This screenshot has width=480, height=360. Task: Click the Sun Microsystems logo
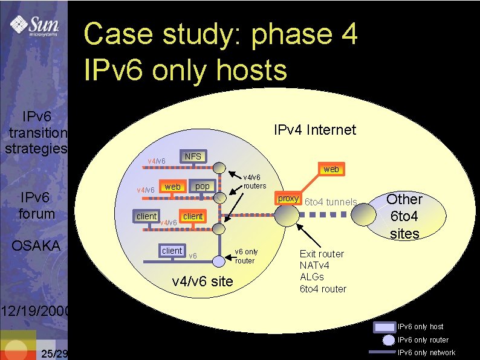pos(34,27)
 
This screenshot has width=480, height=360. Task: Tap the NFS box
pos(193,156)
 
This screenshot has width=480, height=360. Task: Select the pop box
pos(203,186)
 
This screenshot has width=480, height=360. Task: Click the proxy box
pos(288,199)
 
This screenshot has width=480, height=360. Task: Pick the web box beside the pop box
pos(172,187)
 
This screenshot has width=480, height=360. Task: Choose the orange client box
pos(193,216)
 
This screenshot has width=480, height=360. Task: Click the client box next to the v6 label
pos(172,251)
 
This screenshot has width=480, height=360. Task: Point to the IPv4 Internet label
pos(315,130)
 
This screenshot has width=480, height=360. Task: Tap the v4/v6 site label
pos(203,281)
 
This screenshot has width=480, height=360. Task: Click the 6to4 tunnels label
pos(331,202)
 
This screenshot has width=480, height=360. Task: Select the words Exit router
pos(322,254)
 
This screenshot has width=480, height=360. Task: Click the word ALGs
pos(312,277)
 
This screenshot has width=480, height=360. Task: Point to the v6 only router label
pos(246,256)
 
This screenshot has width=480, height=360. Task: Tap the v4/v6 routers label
pos(254,181)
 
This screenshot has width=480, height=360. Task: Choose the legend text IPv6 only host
pos(420,327)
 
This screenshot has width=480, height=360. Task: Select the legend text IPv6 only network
pos(426,353)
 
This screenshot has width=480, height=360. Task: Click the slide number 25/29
pos(53,353)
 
